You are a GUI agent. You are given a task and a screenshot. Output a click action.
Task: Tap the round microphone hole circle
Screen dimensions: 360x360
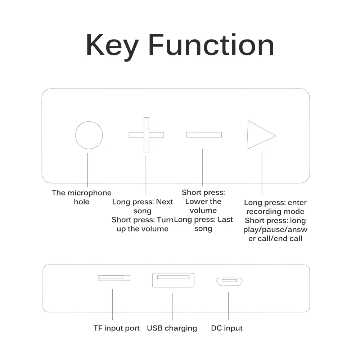point(89,135)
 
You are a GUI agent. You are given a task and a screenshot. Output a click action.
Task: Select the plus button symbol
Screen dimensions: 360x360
point(146,135)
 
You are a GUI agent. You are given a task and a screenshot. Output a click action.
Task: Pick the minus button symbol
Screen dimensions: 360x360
point(204,135)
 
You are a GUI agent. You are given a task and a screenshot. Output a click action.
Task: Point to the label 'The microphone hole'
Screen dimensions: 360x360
point(81,197)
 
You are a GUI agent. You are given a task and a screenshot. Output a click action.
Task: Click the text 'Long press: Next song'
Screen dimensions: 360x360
point(143,206)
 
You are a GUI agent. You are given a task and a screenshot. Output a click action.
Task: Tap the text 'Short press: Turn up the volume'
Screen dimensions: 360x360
point(143,224)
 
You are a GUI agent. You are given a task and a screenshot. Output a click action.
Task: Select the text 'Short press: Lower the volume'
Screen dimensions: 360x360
point(203,201)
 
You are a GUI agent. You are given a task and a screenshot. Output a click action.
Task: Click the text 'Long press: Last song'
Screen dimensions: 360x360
point(203,224)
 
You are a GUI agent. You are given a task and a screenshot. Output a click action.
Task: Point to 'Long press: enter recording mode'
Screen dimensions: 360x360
point(275,207)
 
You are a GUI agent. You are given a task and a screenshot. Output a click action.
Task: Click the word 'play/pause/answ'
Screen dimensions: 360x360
point(275,229)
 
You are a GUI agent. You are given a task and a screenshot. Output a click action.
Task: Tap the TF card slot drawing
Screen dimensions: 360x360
point(114,278)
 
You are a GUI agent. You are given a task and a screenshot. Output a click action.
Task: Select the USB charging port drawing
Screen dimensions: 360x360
point(173,280)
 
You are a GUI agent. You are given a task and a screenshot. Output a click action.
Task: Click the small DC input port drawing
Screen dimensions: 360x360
point(229,281)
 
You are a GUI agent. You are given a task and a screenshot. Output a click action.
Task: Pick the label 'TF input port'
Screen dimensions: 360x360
point(116,328)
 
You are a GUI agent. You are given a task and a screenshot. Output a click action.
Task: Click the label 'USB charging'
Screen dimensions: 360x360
point(172,328)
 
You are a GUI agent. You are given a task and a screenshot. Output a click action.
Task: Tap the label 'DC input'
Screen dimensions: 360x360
point(226,328)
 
